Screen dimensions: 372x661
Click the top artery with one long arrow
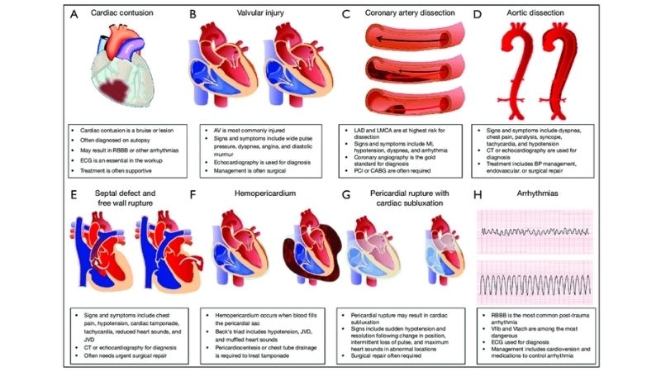(x=404, y=40)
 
